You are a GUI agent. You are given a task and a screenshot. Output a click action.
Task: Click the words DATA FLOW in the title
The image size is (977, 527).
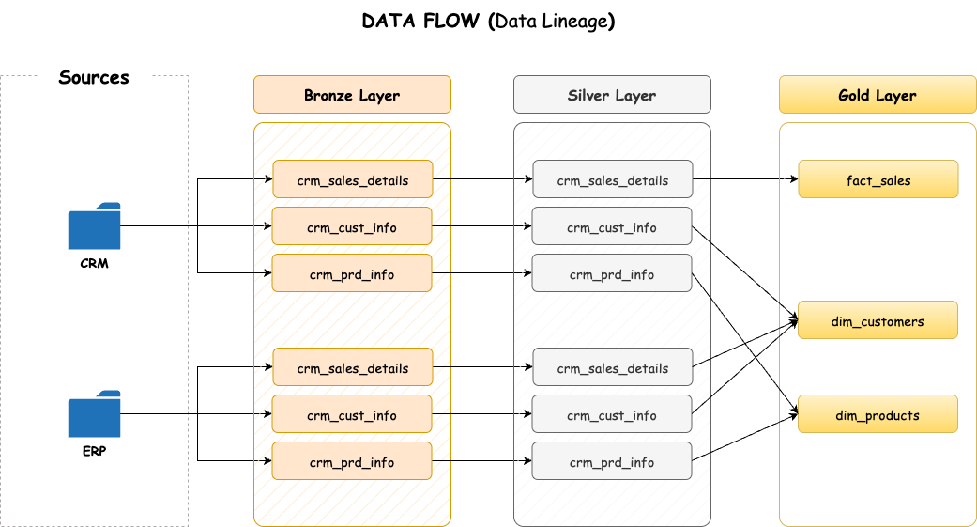[421, 21]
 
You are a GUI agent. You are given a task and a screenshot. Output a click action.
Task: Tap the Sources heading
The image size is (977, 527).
[94, 77]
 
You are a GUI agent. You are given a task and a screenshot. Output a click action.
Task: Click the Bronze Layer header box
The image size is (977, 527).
[352, 95]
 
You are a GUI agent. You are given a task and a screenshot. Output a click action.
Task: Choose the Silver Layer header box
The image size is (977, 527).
[612, 95]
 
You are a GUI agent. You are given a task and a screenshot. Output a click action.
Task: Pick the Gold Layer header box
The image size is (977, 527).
[878, 95]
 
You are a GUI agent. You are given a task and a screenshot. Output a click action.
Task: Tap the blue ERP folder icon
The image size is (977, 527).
[94, 414]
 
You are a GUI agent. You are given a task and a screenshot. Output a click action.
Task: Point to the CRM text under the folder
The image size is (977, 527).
[94, 264]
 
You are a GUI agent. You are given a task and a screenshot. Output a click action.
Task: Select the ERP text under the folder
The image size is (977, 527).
[94, 452]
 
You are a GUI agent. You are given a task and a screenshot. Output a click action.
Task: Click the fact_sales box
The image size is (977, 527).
[878, 179]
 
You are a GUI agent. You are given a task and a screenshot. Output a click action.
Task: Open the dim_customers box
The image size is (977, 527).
[878, 320]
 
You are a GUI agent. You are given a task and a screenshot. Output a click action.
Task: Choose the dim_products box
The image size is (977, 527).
[878, 414]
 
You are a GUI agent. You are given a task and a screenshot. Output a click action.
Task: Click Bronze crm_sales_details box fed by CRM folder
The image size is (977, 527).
[352, 179]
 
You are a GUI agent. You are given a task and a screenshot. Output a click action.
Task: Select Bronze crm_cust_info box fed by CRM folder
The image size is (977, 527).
[352, 226]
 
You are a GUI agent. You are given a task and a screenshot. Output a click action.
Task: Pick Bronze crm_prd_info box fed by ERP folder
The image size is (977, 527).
[352, 461]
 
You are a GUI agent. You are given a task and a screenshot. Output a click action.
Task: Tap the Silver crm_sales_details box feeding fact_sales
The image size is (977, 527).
[612, 179]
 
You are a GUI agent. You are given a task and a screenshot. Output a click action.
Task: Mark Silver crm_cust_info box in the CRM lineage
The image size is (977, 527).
[612, 226]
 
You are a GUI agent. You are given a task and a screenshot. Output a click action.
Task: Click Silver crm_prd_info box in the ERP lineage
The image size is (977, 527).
[612, 461]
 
